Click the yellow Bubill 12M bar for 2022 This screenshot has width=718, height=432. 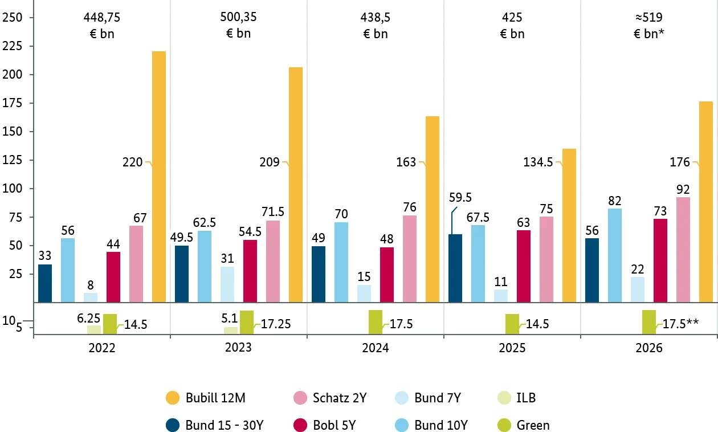point(159,177)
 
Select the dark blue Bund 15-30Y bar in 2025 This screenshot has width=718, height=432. point(455,268)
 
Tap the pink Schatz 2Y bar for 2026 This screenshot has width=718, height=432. point(683,250)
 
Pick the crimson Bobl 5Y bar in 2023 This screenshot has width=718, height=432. point(250,271)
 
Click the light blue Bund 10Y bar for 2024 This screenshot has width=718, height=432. point(341,262)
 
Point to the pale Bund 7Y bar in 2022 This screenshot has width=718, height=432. point(91,297)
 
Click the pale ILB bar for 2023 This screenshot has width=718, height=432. point(231,330)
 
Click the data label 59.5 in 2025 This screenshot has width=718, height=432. point(460,197)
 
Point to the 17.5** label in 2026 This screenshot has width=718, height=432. point(680,324)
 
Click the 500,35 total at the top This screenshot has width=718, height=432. point(239,17)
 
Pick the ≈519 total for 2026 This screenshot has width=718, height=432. point(649,17)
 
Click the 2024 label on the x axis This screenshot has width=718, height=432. point(376,348)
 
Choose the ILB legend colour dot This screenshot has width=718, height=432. point(504,398)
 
